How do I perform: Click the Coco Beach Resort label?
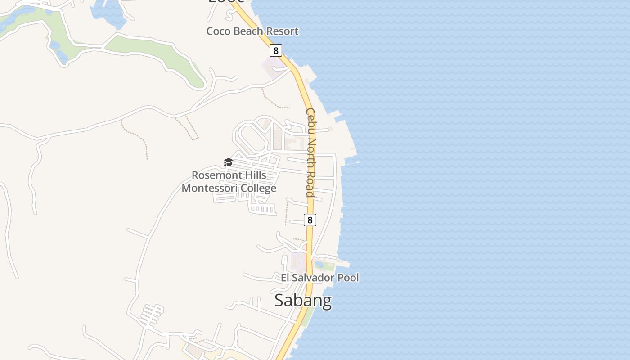tap(252, 31)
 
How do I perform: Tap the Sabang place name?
tap(303, 300)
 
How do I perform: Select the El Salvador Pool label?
tap(319, 278)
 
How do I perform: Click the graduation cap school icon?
tap(228, 162)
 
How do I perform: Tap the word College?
tap(260, 189)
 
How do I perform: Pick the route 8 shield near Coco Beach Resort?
tap(276, 50)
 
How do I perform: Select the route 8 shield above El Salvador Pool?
tap(310, 220)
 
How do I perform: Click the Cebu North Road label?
tap(311, 152)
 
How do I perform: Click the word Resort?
tap(281, 31)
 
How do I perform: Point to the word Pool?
tap(349, 278)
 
